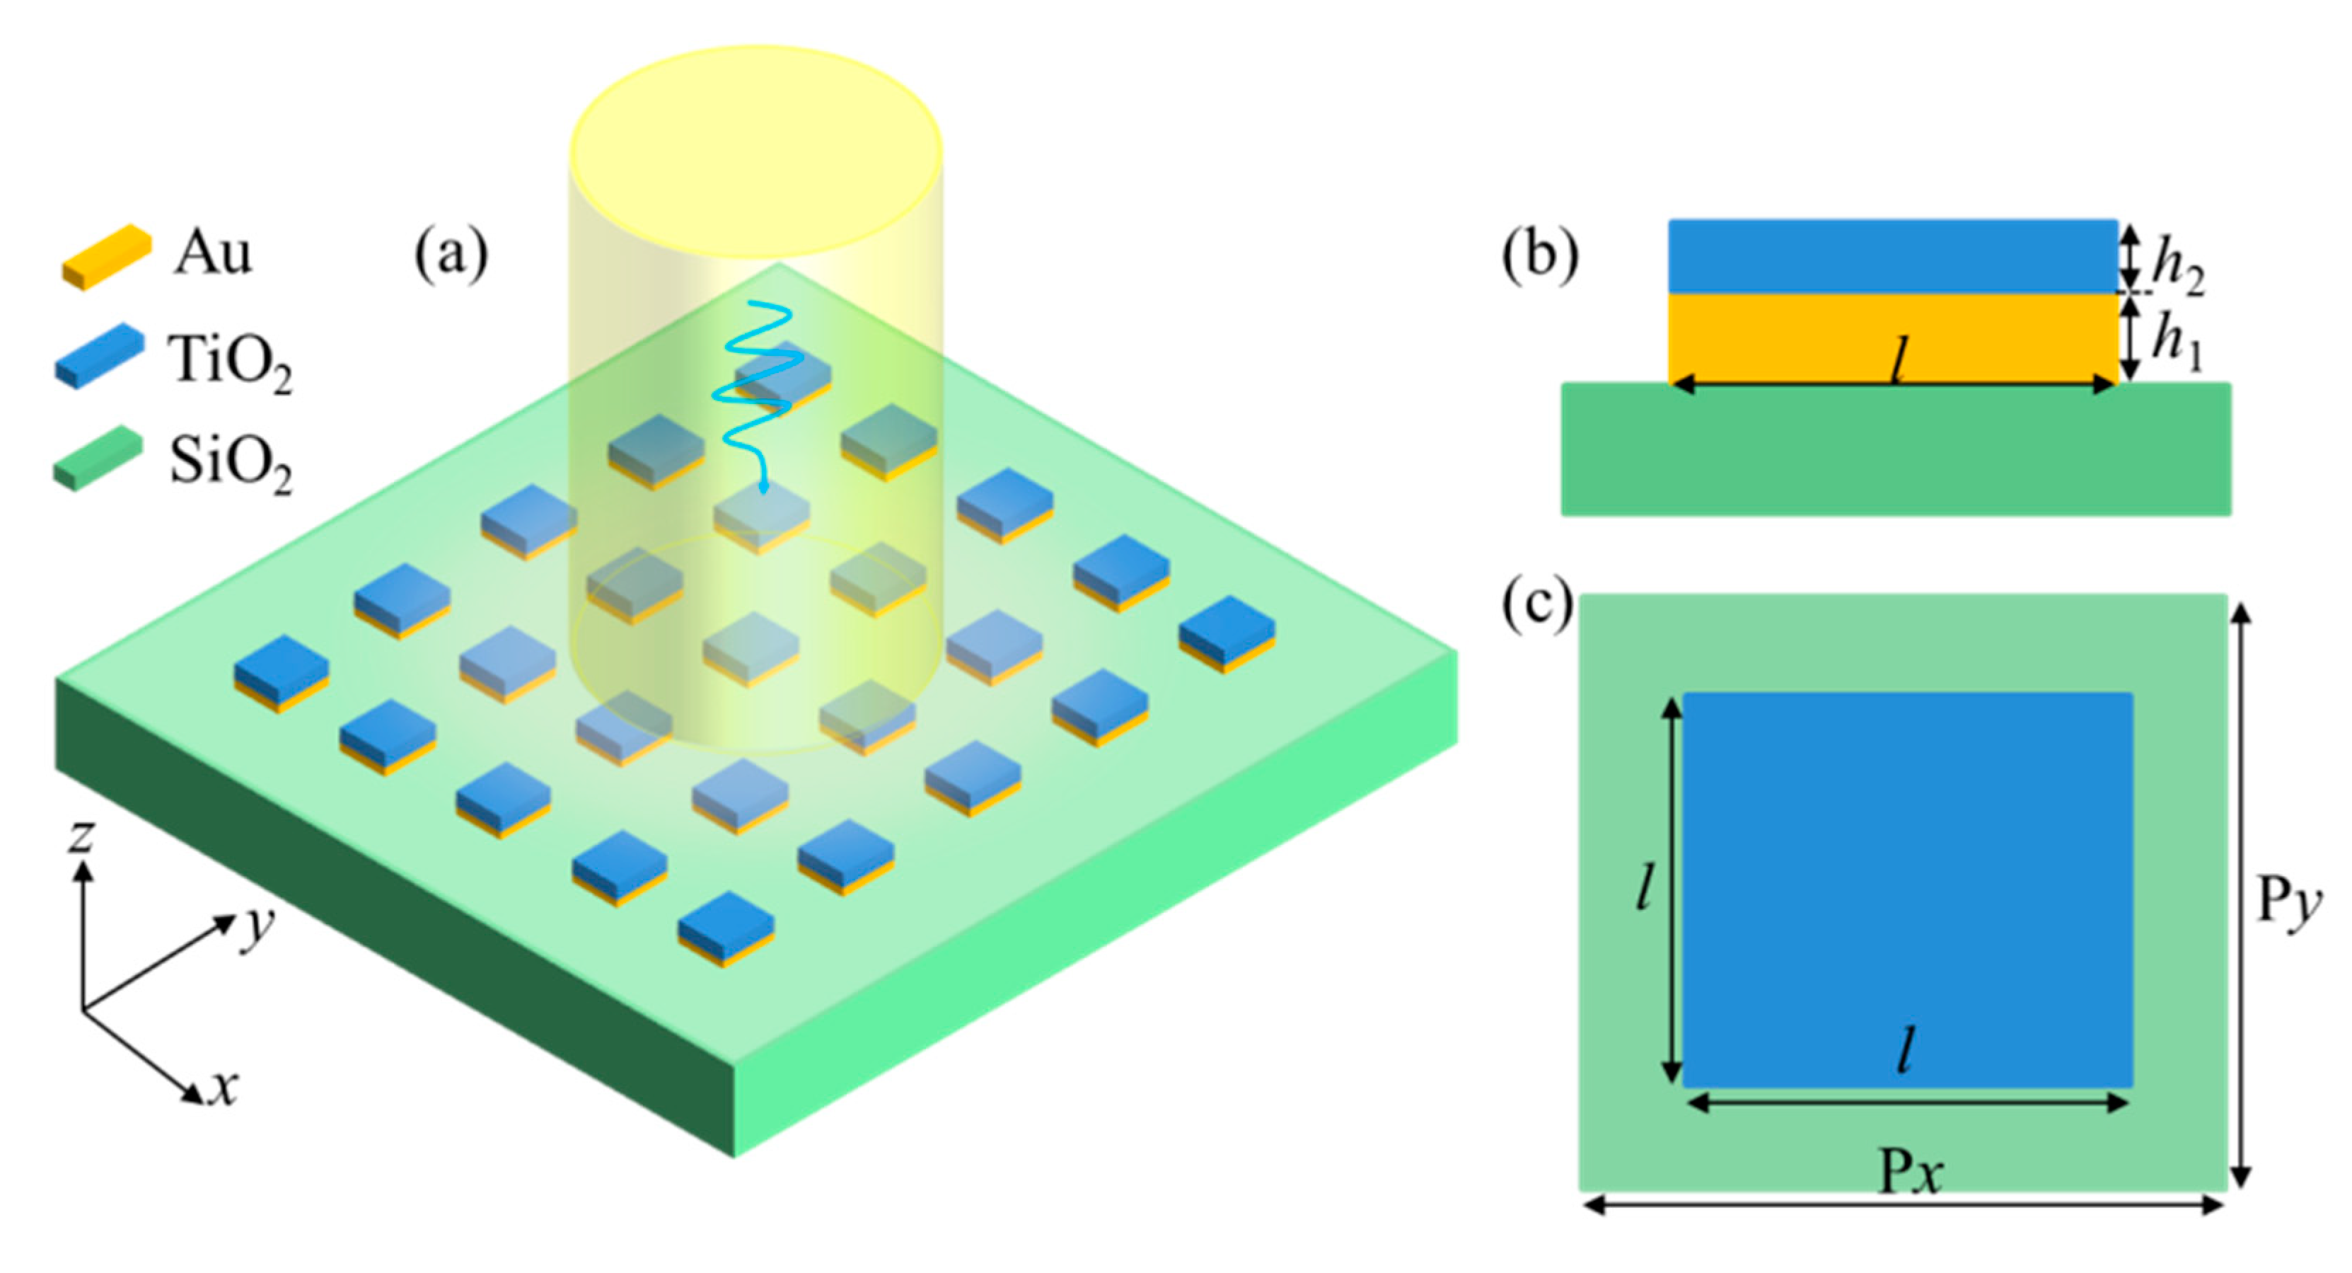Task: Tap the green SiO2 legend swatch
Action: pyautogui.click(x=98, y=459)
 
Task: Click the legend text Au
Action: pyautogui.click(x=212, y=253)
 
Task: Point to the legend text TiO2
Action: pyautogui.click(x=229, y=361)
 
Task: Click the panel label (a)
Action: pyautogui.click(x=451, y=255)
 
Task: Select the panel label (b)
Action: pyautogui.click(x=1539, y=255)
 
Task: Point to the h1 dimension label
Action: pyautogui.click(x=2177, y=342)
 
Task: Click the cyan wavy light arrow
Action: pyautogui.click(x=758, y=384)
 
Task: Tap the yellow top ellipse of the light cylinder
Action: pyautogui.click(x=756, y=151)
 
